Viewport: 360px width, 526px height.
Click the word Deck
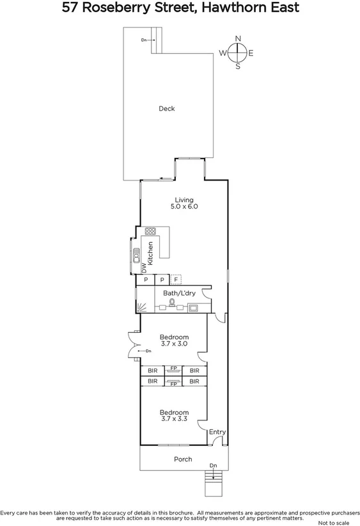167,109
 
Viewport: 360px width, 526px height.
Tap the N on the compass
238,39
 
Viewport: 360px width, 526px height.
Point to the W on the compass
223,53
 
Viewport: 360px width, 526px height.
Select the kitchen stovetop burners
151,231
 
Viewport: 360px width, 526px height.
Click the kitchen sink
137,255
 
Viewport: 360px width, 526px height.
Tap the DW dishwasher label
144,271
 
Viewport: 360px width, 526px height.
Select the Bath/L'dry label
179,292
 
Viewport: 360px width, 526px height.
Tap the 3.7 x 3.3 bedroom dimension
174,420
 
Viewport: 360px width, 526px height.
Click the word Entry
217,432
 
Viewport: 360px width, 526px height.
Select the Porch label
183,459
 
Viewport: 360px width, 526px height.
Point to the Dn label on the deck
145,40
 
